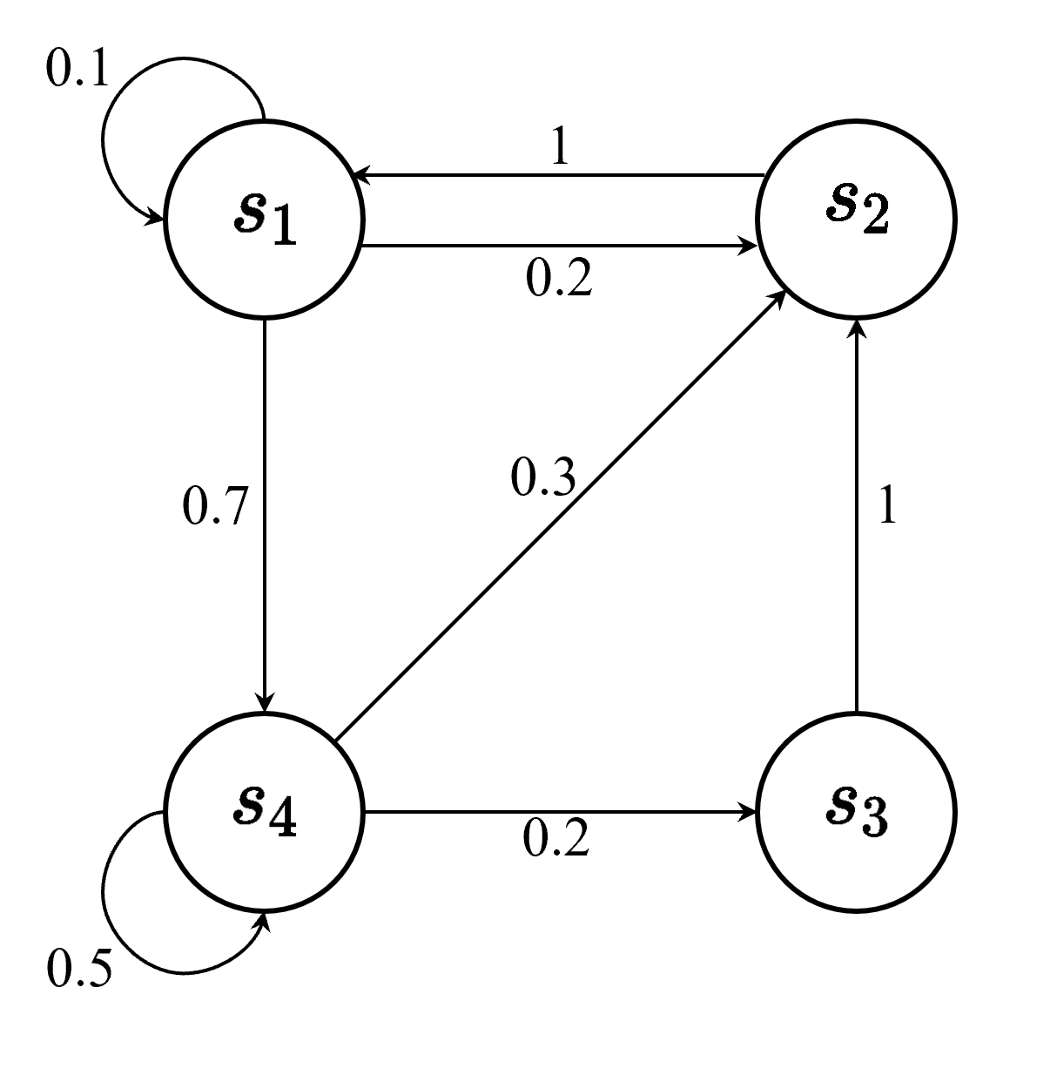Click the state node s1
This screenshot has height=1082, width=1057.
[264, 219]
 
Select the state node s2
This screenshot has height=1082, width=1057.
[857, 219]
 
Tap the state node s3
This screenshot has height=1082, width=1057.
[857, 812]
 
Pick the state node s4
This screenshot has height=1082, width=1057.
[264, 812]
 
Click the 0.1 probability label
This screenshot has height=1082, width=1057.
[77, 70]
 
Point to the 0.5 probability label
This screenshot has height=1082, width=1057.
[79, 969]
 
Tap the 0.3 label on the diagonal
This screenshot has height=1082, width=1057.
[543, 477]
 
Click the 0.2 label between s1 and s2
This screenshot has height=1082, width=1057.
[559, 279]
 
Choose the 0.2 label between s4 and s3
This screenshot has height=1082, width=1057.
[556, 838]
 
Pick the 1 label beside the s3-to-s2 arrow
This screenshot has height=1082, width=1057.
[887, 505]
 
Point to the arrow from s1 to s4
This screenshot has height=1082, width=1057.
[264, 514]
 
